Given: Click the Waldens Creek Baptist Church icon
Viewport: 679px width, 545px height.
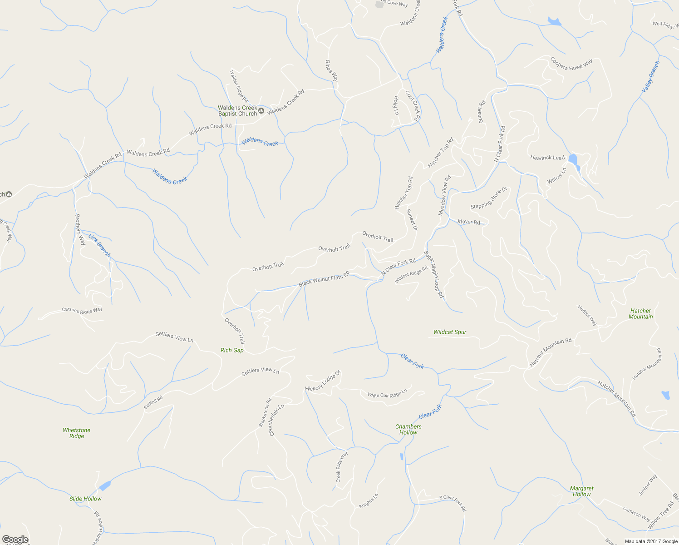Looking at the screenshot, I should click(x=261, y=111).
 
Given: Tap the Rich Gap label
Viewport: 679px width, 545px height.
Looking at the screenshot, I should click(x=232, y=350).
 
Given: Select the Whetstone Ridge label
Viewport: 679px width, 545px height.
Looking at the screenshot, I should click(x=77, y=433).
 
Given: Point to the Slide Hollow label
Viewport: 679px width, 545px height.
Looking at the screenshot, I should click(x=85, y=499).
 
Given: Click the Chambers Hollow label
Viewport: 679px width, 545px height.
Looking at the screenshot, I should click(x=408, y=430).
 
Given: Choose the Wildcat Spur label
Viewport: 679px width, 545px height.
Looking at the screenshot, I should click(x=450, y=332).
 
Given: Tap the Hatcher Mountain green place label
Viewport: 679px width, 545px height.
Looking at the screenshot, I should click(x=641, y=314).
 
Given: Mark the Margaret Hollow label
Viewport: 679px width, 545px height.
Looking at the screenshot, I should click(x=581, y=491).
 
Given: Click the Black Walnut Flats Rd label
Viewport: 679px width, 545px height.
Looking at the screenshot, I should click(x=324, y=279).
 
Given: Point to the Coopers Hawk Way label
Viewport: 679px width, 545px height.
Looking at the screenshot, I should click(x=571, y=64).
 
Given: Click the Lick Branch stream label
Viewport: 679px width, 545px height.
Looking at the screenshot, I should click(x=99, y=245).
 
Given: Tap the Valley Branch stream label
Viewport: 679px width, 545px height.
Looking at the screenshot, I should click(x=650, y=77).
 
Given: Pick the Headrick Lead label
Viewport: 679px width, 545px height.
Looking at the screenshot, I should click(x=547, y=158).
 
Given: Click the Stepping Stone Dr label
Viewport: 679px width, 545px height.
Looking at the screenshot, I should click(x=488, y=198).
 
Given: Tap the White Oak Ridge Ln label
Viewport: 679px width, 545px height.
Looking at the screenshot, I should click(x=387, y=393).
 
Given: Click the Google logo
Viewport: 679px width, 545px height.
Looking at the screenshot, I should click(x=15, y=540).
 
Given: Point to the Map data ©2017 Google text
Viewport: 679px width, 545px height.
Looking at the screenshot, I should click(x=651, y=541).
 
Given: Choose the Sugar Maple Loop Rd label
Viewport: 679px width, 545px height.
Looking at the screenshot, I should click(x=434, y=274).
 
